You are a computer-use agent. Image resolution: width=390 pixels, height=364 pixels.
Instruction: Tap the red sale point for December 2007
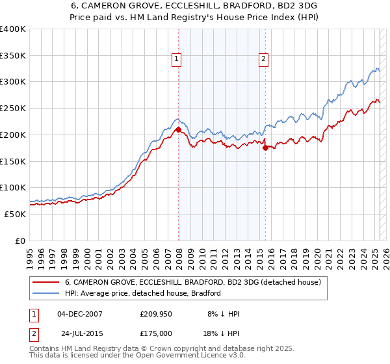[178, 130]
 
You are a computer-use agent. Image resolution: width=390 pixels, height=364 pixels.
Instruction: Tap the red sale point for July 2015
[265, 148]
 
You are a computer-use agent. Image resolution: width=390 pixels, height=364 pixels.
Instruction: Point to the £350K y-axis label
[13, 56]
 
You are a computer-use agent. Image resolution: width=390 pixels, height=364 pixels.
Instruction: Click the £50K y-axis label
[16, 214]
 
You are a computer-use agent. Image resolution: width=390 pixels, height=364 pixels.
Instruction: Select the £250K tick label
[13, 109]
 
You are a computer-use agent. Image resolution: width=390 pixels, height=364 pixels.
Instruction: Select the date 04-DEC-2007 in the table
[80, 314]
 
